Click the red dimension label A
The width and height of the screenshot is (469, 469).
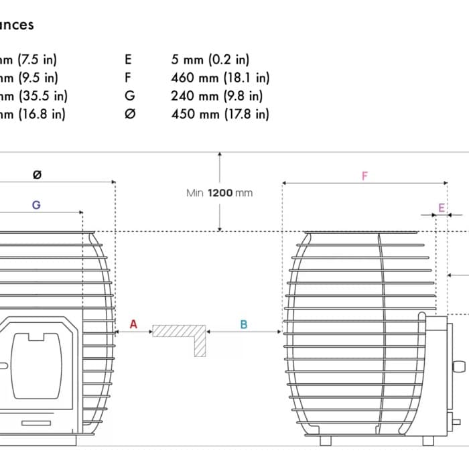coord(133,324)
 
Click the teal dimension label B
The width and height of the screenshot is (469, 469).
coord(244,324)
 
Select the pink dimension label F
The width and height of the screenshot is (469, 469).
coord(364,176)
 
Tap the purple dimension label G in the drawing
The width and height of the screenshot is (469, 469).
coord(36,205)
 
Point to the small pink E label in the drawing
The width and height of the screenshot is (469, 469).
coord(441,208)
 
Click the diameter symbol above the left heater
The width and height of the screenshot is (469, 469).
coord(37,175)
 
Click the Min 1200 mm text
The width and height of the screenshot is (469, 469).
coord(220,193)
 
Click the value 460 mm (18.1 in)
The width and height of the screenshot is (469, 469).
coord(220,78)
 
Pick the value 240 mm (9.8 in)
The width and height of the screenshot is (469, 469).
coord(217,96)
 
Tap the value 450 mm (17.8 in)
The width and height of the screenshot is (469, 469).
coord(220,114)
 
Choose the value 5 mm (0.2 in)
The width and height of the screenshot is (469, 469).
coord(210,60)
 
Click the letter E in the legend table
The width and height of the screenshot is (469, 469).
coord(129,60)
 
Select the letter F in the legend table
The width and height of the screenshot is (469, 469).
coord(129,78)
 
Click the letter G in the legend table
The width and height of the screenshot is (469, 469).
coord(129,96)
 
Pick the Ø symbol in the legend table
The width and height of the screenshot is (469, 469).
coord(130,114)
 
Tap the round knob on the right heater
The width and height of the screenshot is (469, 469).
coord(459,366)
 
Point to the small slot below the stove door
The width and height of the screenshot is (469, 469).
coord(36,423)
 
